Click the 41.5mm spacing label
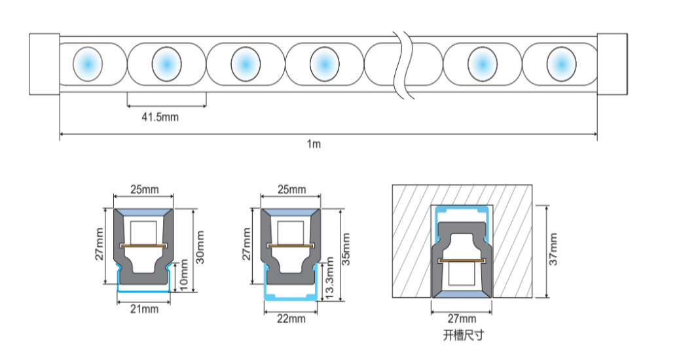coord(160,117)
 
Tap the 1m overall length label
coord(314,144)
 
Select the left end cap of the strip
coord(45,64)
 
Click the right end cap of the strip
coord(612,64)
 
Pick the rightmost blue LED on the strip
coord(561,63)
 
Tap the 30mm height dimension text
coord(200,247)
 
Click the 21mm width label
coord(145,308)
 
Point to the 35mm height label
coord(346,249)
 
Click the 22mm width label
coord(291,319)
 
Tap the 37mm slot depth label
coord(553,249)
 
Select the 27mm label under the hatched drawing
coord(462,319)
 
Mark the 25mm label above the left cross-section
coord(145,190)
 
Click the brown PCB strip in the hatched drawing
coord(462,260)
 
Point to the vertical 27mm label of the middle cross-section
coord(247,244)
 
